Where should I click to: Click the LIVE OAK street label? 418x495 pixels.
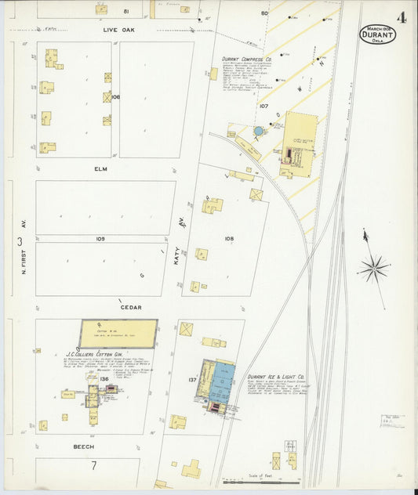(x=120, y=30)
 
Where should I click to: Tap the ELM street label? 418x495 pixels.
(x=100, y=168)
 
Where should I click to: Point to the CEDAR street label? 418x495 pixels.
(x=130, y=308)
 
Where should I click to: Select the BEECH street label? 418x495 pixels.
(x=84, y=446)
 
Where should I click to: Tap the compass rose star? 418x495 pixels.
(x=373, y=269)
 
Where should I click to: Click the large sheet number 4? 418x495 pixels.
(x=401, y=17)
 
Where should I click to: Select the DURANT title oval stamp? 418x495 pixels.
(x=378, y=34)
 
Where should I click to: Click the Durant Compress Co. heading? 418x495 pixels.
(x=246, y=59)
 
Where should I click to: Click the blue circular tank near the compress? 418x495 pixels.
(x=258, y=131)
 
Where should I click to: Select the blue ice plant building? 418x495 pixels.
(x=221, y=381)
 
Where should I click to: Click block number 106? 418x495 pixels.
(x=115, y=97)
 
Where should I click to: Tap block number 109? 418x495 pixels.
(x=100, y=238)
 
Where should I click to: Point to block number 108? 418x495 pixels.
(x=229, y=238)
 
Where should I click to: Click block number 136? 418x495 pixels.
(x=104, y=379)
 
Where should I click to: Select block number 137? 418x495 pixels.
(x=192, y=380)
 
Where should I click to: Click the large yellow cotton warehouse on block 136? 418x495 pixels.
(x=118, y=333)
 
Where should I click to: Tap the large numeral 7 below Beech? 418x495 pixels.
(x=93, y=465)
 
